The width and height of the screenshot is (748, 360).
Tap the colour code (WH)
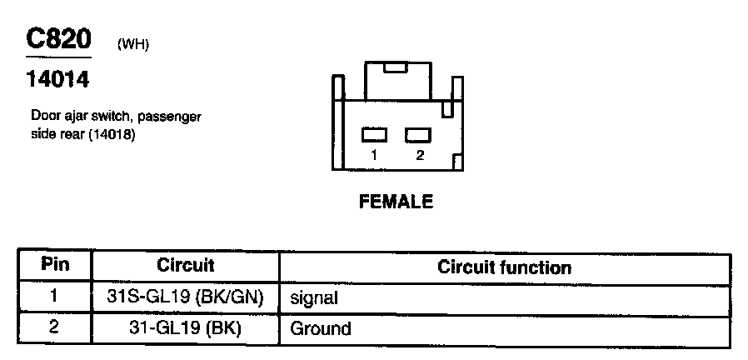click(x=133, y=44)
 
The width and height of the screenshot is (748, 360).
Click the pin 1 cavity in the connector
click(x=375, y=134)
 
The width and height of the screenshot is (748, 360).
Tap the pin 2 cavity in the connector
click(x=417, y=134)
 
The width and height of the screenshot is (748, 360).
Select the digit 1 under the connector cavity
click(x=375, y=155)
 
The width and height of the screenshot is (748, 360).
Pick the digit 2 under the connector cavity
click(x=419, y=155)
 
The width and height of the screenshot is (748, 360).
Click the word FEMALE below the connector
click(x=396, y=202)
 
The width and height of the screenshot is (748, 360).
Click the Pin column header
click(x=55, y=266)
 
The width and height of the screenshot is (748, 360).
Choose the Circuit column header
click(x=186, y=266)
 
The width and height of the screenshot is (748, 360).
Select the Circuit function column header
click(x=504, y=267)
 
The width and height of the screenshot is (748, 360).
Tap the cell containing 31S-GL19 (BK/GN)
click(x=186, y=297)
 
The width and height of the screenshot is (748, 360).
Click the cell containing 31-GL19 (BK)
click(x=186, y=327)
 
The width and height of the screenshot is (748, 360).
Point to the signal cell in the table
click(x=315, y=297)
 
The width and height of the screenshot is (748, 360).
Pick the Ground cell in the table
click(x=320, y=328)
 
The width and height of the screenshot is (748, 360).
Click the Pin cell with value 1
click(x=55, y=297)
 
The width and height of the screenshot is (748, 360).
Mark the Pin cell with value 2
click(x=55, y=327)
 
